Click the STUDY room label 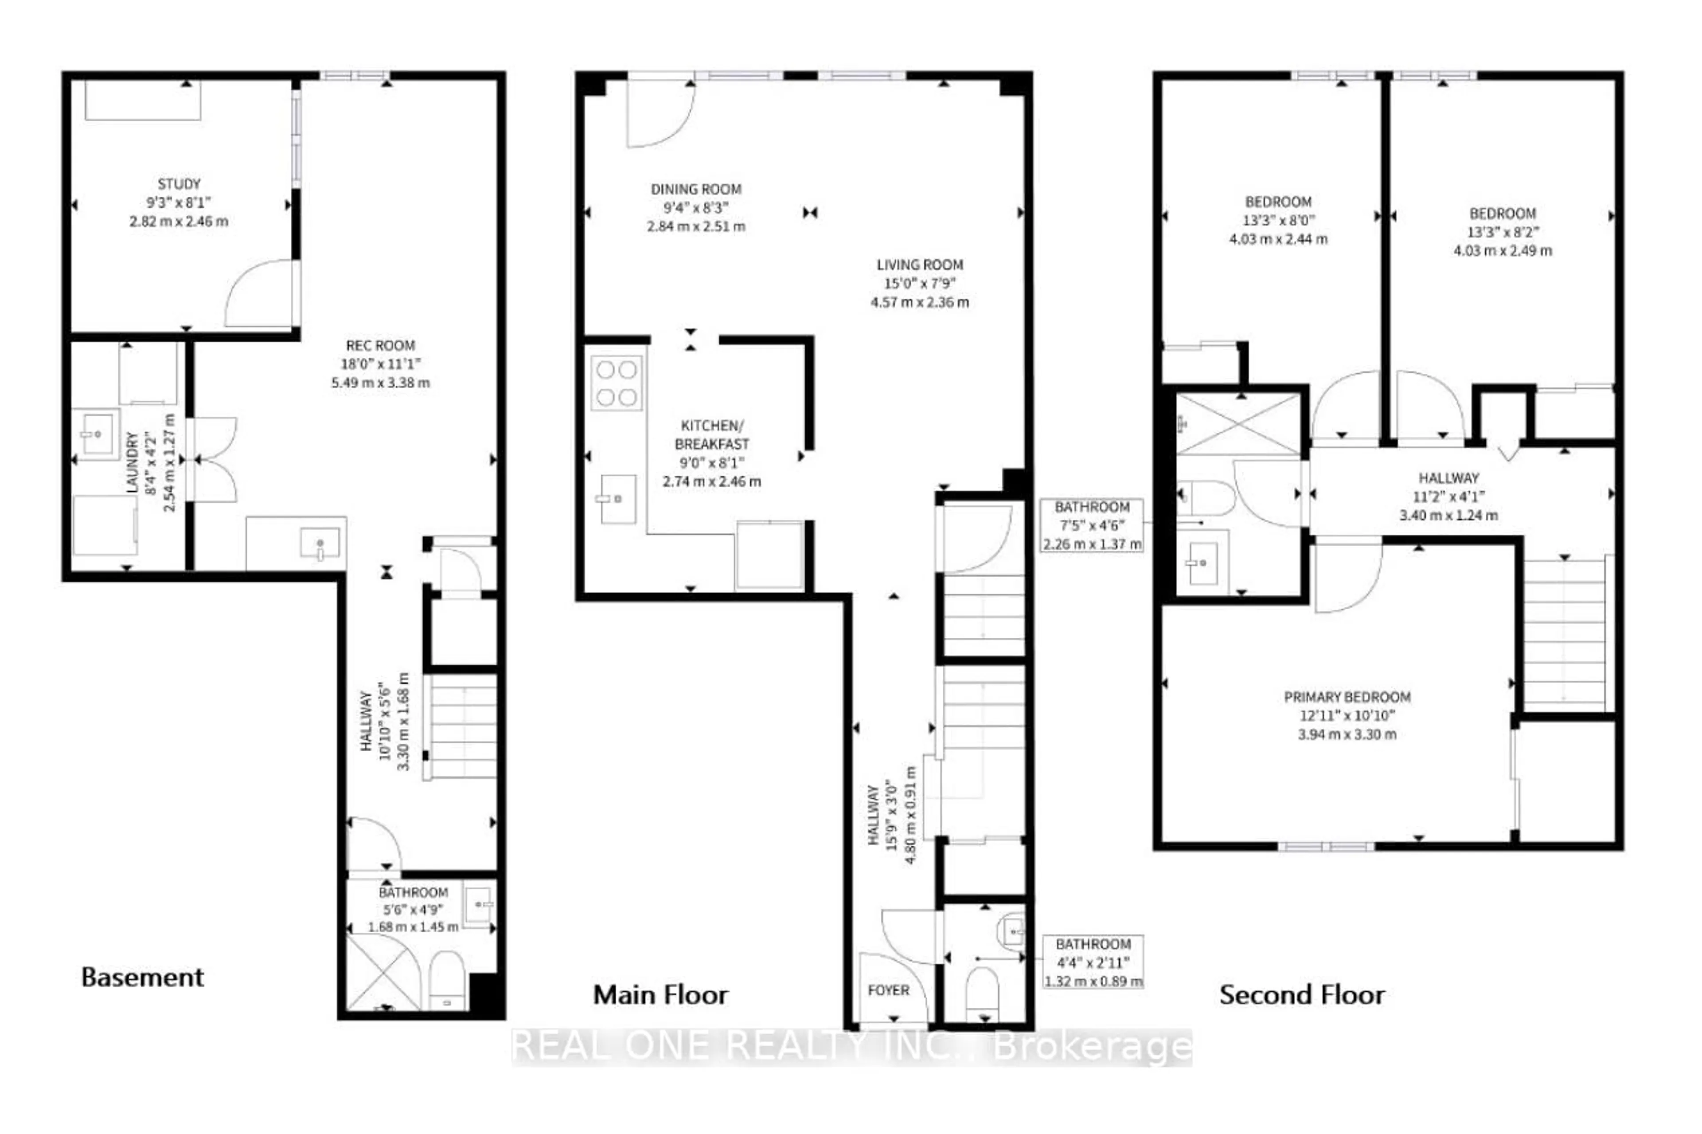click(179, 184)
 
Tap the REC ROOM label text click(380, 346)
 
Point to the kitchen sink click(618, 499)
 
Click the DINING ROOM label click(695, 190)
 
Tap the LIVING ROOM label click(919, 265)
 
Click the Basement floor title click(143, 978)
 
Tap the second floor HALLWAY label click(1448, 478)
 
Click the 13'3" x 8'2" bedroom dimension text click(1502, 232)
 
